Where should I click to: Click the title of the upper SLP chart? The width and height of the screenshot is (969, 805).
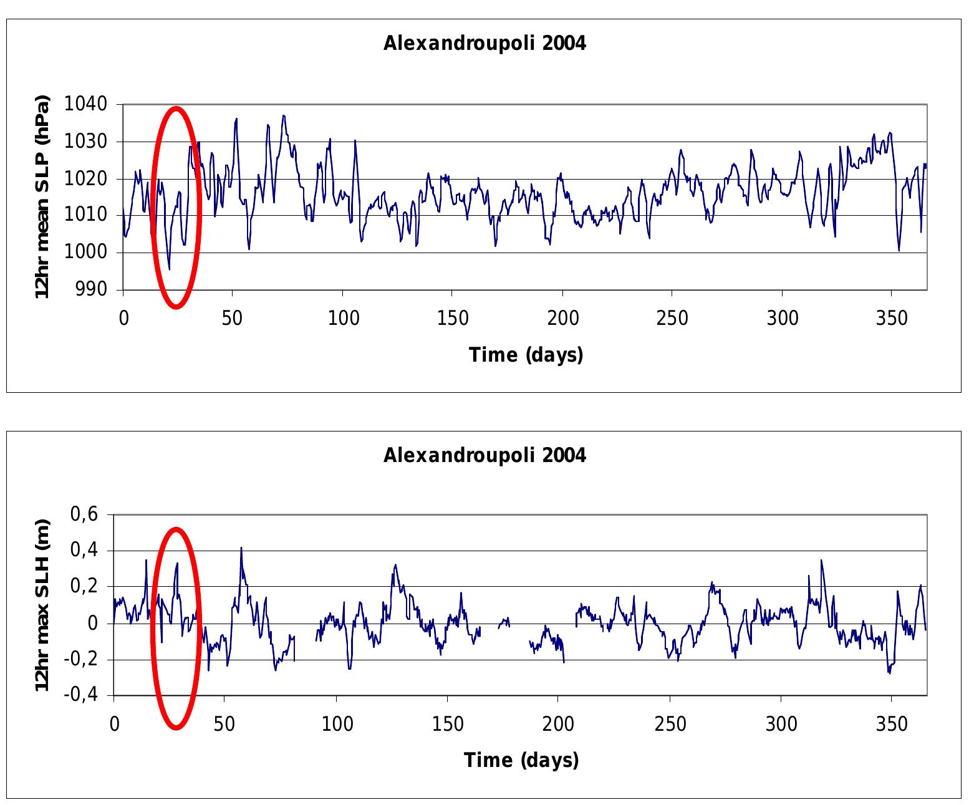484,44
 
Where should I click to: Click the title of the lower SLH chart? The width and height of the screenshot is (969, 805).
484,456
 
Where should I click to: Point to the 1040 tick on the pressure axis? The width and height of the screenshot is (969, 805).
86,104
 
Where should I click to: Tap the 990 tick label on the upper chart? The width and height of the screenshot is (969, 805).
91,289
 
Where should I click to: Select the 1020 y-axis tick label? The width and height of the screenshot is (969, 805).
86,179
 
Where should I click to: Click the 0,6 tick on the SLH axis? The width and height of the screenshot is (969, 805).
85,515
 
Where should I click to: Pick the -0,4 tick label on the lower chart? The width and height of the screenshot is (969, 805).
81,695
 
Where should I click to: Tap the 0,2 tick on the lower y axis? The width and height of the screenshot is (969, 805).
85,587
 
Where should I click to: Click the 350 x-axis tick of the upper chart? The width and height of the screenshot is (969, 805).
892,318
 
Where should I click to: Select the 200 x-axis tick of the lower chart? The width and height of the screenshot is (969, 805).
558,724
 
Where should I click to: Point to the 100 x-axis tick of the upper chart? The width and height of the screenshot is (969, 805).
343,318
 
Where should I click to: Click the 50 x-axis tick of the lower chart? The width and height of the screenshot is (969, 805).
224,724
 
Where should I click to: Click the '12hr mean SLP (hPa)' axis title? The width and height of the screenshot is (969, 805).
42,197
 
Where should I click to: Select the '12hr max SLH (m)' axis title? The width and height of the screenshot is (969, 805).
42,605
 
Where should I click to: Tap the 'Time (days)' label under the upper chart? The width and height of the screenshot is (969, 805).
526,355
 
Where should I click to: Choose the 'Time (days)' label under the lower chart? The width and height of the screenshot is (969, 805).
521,761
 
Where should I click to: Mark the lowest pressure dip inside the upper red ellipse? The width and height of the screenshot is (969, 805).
169,269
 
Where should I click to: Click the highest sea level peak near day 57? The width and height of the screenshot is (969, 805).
241,548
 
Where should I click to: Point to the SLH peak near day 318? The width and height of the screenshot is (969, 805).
821,560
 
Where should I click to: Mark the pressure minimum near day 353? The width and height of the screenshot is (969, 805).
899,251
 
